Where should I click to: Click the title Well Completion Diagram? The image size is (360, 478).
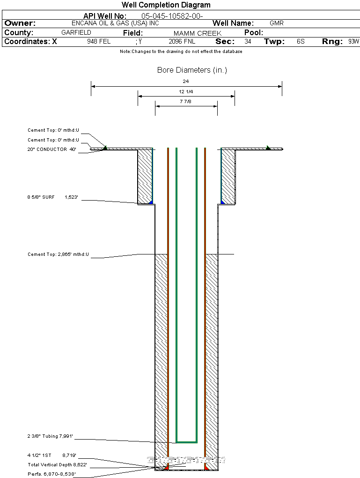click(166, 5)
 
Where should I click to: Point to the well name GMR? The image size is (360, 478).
click(277, 23)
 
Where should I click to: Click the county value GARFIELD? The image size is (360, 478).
click(76, 33)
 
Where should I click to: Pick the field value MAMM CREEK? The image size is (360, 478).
click(198, 33)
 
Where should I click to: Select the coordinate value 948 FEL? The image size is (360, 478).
click(99, 42)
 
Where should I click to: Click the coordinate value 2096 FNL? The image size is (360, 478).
click(182, 42)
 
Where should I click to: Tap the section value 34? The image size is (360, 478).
click(248, 42)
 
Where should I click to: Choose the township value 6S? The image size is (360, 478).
click(301, 42)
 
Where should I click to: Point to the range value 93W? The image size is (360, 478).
click(353, 42)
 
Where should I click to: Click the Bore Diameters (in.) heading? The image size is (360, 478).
click(192, 70)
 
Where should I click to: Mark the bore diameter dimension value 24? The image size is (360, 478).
click(186, 82)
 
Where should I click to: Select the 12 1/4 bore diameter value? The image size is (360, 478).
click(186, 91)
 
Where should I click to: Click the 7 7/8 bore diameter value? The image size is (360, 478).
click(186, 101)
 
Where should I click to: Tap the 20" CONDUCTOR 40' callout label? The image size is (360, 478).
click(51, 149)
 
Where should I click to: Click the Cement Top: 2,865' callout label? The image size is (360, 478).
click(58, 254)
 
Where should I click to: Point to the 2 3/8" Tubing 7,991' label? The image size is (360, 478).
click(51, 436)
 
